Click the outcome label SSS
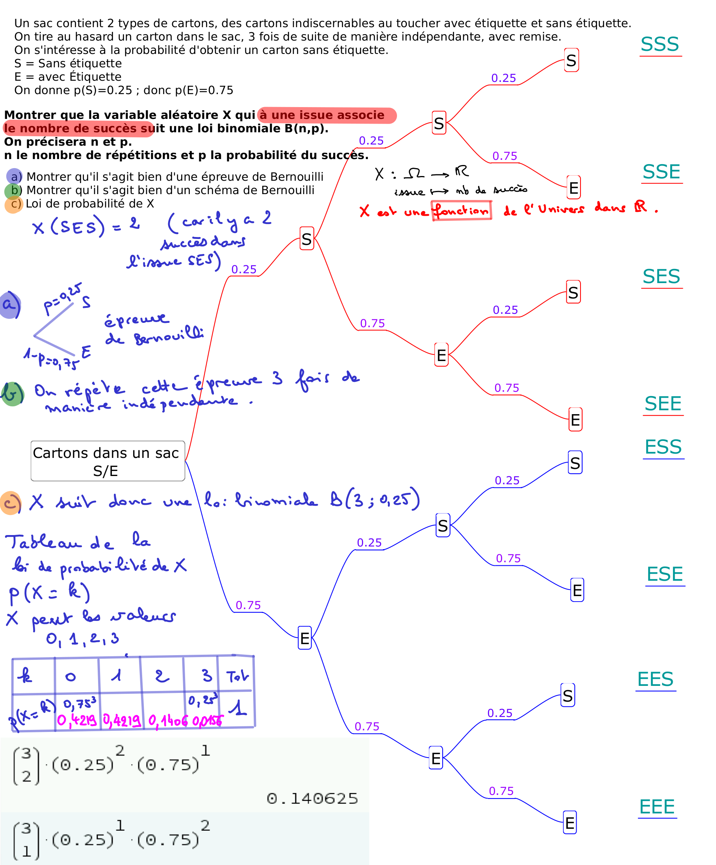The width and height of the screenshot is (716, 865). coord(659,44)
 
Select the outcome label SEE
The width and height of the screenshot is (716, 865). coord(662,404)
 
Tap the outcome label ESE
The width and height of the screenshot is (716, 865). coord(664,574)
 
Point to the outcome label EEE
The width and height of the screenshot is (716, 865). coord(657,806)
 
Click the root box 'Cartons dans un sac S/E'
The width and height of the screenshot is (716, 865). coord(108,461)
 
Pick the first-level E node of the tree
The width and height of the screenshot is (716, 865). coord(304,638)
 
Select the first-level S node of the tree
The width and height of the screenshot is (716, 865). coord(306,239)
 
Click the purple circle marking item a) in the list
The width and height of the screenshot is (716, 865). coord(15,176)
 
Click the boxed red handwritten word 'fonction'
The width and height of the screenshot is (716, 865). coord(461,211)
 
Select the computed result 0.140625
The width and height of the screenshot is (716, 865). coord(312,799)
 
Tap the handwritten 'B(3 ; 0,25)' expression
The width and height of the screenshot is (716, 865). coord(375,500)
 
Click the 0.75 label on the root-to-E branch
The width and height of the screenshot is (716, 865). coord(248,605)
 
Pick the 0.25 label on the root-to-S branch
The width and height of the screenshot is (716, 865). coord(244,269)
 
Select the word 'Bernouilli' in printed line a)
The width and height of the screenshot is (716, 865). coord(297,177)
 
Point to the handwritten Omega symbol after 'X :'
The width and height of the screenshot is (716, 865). coord(414,173)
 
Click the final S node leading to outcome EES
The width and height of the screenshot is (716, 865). coord(567,696)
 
